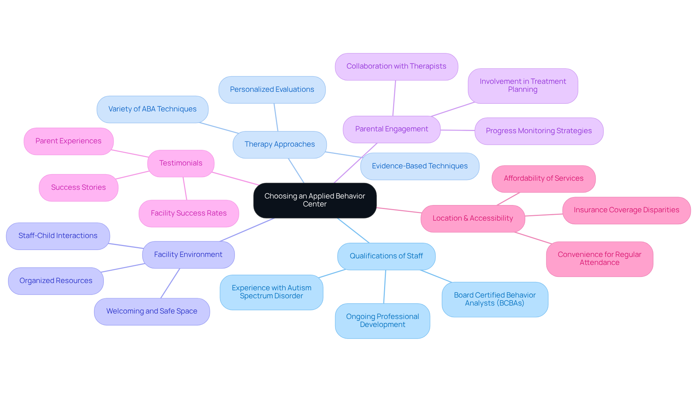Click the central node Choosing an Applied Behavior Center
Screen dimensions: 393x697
[315, 200]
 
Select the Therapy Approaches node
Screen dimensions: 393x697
[280, 144]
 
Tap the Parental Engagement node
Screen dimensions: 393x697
[391, 129]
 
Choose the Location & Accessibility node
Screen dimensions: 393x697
[473, 218]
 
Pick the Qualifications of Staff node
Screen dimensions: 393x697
[386, 256]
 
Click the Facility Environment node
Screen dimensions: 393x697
[188, 255]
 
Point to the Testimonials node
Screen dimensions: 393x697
[181, 163]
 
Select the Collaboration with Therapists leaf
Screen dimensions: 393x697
[396, 66]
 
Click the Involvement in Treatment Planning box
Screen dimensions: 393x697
[523, 86]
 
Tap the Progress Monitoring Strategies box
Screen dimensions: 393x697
[539, 131]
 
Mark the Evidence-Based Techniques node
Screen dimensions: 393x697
[420, 166]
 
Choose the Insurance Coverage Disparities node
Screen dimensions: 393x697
[626, 210]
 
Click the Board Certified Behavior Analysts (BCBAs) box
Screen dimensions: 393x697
[495, 299]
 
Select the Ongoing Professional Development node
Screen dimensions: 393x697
[382, 321]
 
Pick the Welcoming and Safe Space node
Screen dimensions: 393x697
[152, 311]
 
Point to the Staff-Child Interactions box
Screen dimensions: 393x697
[58, 236]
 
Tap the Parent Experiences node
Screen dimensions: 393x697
[68, 141]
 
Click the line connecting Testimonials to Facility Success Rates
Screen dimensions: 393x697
[185, 189]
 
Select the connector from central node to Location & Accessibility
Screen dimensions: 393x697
[399, 210]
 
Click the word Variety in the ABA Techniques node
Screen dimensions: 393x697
[120, 109]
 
